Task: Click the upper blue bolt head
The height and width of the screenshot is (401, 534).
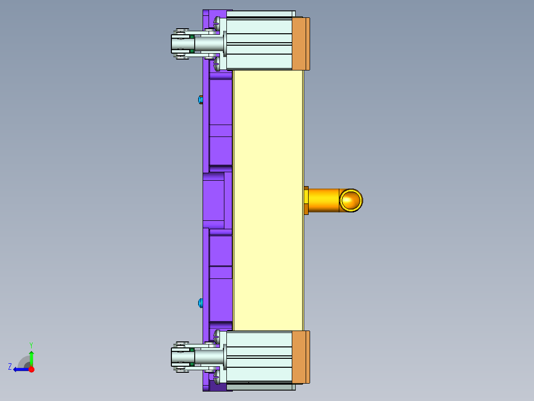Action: tap(200, 100)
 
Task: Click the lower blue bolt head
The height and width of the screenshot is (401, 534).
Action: tap(200, 302)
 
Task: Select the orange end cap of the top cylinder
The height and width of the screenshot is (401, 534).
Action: tap(300, 44)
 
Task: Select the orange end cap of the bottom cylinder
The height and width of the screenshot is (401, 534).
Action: tap(300, 357)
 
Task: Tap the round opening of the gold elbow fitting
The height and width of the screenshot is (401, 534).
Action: tap(351, 200)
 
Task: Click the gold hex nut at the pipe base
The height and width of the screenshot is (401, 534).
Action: tap(306, 200)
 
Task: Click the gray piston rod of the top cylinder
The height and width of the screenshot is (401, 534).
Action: tap(209, 44)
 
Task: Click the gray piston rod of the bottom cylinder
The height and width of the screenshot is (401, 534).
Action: tap(209, 357)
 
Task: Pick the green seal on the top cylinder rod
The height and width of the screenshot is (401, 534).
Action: tap(191, 43)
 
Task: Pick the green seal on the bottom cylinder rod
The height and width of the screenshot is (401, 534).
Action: tap(191, 356)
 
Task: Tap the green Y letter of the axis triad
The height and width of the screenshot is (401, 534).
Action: tap(31, 344)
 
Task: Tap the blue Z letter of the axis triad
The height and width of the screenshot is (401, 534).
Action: tap(10, 367)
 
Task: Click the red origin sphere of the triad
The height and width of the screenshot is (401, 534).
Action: tap(31, 369)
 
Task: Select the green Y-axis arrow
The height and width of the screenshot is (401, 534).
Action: tap(31, 357)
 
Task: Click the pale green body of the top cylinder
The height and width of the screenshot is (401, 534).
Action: tap(259, 44)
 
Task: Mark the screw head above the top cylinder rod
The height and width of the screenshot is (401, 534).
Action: tap(216, 21)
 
